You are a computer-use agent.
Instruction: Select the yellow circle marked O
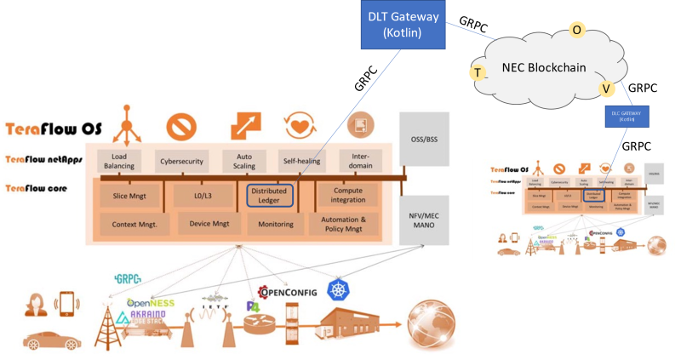coord(576,30)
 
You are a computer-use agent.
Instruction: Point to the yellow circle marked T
coord(478,73)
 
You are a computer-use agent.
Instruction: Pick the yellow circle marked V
coord(606,88)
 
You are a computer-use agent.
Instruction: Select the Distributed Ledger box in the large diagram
coord(270,197)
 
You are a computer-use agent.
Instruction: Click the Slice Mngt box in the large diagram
coord(129,197)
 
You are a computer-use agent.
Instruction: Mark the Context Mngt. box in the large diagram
coord(135,224)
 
